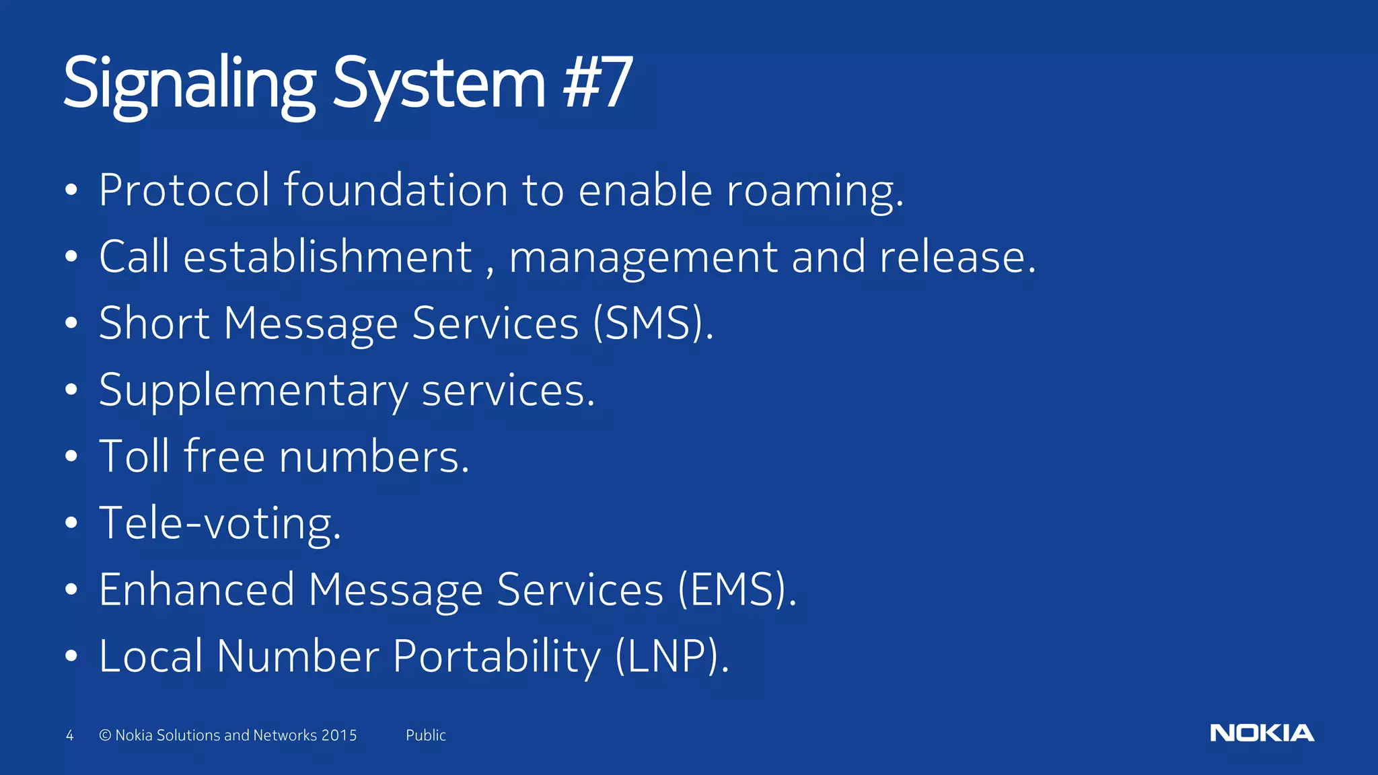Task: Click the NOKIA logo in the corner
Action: pos(1262,733)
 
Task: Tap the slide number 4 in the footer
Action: pos(69,735)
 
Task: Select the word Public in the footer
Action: pos(425,735)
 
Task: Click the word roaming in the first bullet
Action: pos(813,191)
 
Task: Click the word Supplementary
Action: pos(253,391)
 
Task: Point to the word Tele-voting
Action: pos(219,523)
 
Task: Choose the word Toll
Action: pos(135,457)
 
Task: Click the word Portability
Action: pos(497,657)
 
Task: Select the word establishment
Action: pos(328,257)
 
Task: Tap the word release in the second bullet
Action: pos(956,257)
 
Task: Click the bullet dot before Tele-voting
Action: pos(71,523)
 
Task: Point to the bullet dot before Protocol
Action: pos(71,191)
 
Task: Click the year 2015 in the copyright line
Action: pos(339,735)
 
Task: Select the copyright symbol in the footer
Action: pos(105,735)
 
